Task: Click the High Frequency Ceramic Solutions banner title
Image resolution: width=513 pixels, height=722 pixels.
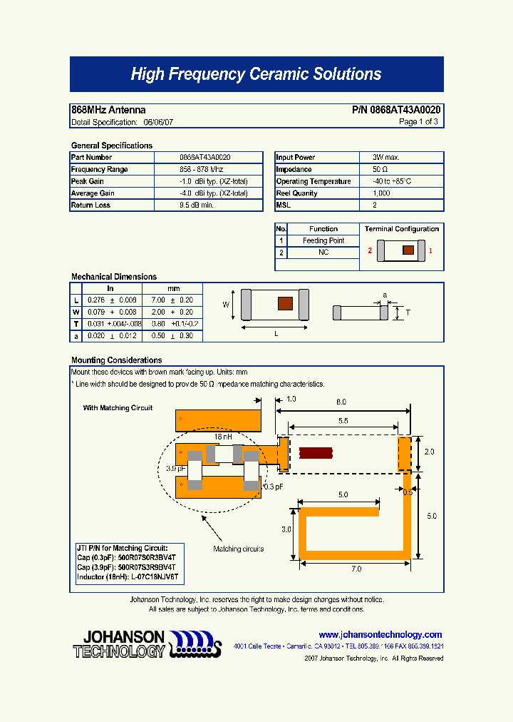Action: tap(256, 74)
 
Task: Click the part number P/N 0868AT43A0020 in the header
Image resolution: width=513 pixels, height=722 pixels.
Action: tap(396, 110)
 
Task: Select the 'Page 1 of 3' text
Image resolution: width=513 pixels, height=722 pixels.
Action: tap(418, 122)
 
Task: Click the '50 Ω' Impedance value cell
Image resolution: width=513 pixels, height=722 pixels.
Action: tap(380, 169)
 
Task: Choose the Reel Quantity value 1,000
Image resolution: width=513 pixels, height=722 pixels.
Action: tap(381, 193)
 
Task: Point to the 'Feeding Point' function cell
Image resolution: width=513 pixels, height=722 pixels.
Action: tap(323, 241)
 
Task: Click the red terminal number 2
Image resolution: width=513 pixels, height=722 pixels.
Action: tap(370, 251)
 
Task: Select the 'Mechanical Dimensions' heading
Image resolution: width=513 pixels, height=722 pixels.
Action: tap(114, 277)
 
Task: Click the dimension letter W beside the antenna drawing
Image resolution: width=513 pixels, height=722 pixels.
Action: tap(226, 305)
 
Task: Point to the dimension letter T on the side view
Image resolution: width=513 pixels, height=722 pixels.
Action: tap(408, 312)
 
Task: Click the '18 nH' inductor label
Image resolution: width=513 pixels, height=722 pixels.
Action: tap(223, 436)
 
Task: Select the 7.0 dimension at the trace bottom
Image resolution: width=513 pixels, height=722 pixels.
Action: tap(356, 569)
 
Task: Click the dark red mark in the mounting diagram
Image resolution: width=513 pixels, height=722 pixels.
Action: tap(316, 453)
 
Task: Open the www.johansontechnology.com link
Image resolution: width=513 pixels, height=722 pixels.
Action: tap(380, 635)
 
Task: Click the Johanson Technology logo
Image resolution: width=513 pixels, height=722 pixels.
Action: tap(147, 644)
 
